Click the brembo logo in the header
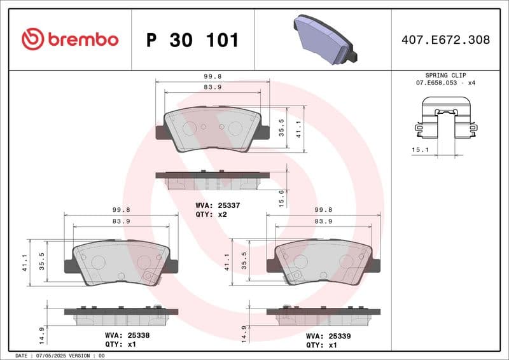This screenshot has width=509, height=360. click(x=70, y=39)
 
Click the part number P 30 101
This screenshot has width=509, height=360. click(x=193, y=40)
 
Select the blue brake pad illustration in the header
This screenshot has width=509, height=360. click(x=325, y=39)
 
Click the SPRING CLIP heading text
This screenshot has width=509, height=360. click(x=446, y=74)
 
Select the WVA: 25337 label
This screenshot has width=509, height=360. click(x=213, y=205)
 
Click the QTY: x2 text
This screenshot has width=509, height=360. click(x=211, y=215)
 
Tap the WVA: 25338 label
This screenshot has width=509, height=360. click(x=127, y=335)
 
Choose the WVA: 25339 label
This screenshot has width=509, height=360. click(x=328, y=335)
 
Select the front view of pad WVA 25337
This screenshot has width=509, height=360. click(x=212, y=130)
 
